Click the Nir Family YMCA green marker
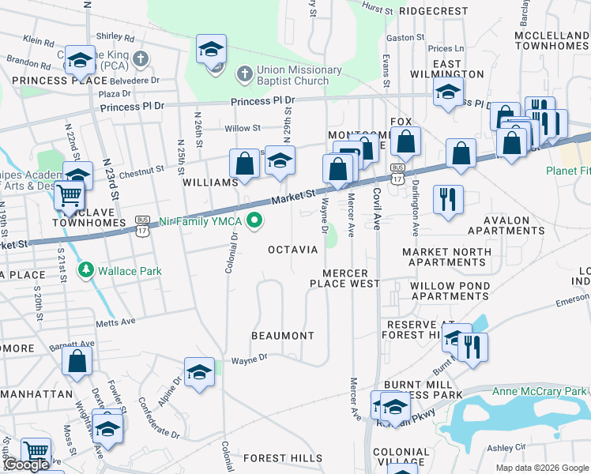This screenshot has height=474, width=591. pyautogui.click(x=254, y=221)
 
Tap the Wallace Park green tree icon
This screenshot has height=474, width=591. pyautogui.click(x=86, y=271)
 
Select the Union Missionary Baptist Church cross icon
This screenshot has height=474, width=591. pyautogui.click(x=244, y=75)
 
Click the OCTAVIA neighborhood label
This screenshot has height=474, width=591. pyautogui.click(x=292, y=250)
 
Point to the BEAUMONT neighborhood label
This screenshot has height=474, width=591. pyautogui.click(x=283, y=336)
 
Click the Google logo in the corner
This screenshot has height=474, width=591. pyautogui.click(x=26, y=465)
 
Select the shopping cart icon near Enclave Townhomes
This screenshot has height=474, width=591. pyautogui.click(x=70, y=194)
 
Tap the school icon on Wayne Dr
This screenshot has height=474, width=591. pyautogui.click(x=199, y=373)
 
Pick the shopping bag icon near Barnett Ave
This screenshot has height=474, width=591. pyautogui.click(x=77, y=361)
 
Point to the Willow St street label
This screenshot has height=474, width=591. pyautogui.click(x=243, y=128)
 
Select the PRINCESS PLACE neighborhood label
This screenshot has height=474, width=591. pyautogui.click(x=59, y=81)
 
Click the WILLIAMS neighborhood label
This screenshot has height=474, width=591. pyautogui.click(x=210, y=182)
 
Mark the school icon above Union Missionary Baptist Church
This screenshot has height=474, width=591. pyautogui.click(x=211, y=51)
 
